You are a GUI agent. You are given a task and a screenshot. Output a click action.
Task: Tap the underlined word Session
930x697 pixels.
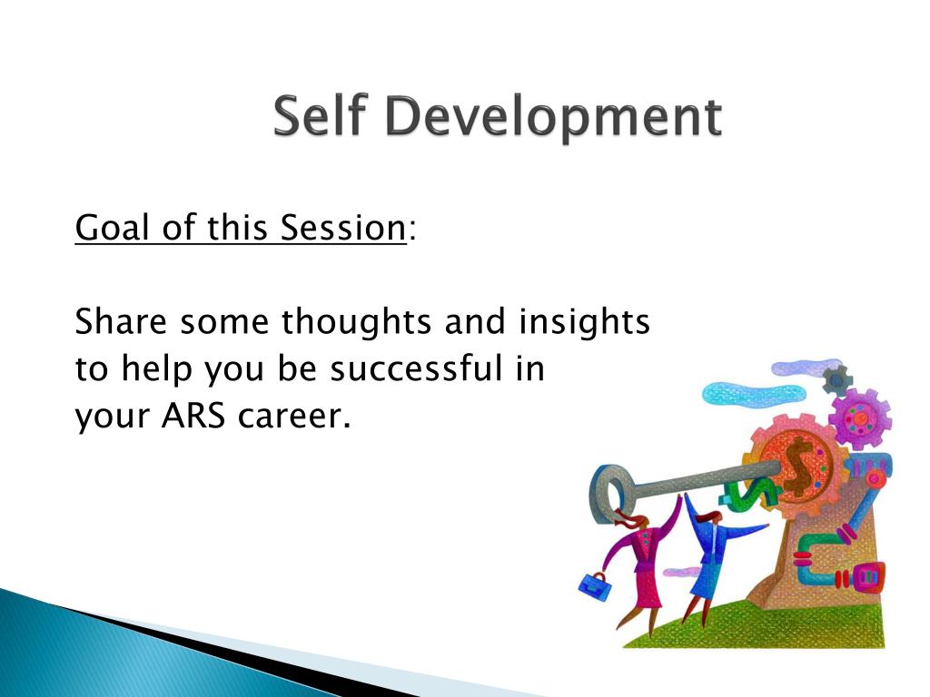[x=342, y=227]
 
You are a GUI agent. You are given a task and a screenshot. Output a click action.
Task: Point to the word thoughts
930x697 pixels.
[x=356, y=321]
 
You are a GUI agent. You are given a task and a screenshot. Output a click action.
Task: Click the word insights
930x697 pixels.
[x=584, y=321]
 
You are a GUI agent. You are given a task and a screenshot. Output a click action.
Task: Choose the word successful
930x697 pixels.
[x=416, y=368]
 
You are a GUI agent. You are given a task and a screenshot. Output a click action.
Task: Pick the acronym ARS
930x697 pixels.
[x=193, y=416]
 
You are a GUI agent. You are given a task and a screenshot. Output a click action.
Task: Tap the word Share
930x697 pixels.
[x=121, y=321]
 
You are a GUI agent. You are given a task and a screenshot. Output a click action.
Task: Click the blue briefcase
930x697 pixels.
[x=594, y=587]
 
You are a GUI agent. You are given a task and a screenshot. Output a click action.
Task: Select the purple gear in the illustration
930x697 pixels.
[x=859, y=419]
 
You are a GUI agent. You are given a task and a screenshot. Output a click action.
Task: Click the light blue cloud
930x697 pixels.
[x=752, y=394]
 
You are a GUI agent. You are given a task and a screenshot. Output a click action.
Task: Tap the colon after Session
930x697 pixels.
[x=413, y=230]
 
